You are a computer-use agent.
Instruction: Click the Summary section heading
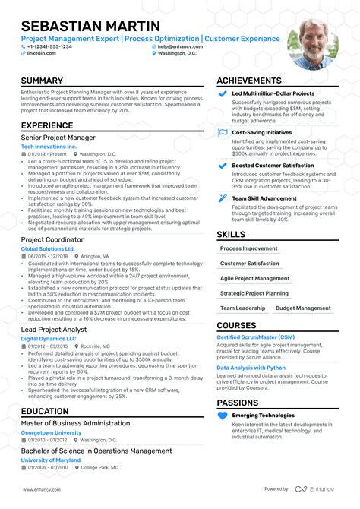(42, 81)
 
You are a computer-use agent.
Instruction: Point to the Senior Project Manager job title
(58, 137)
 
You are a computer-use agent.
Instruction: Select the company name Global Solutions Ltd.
(48, 248)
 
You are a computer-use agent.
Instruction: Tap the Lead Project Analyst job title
(54, 330)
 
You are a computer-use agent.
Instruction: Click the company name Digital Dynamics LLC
(49, 339)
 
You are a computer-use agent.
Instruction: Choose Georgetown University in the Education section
(51, 432)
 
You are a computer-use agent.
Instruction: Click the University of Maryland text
(50, 460)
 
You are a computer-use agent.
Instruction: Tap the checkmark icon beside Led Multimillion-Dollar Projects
(223, 94)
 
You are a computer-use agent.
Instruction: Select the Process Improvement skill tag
(248, 248)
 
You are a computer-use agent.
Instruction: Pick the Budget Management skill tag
(302, 308)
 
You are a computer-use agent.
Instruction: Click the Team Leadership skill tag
(242, 308)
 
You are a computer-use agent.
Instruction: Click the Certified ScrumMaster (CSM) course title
(256, 337)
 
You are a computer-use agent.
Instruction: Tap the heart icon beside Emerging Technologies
(223, 416)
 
